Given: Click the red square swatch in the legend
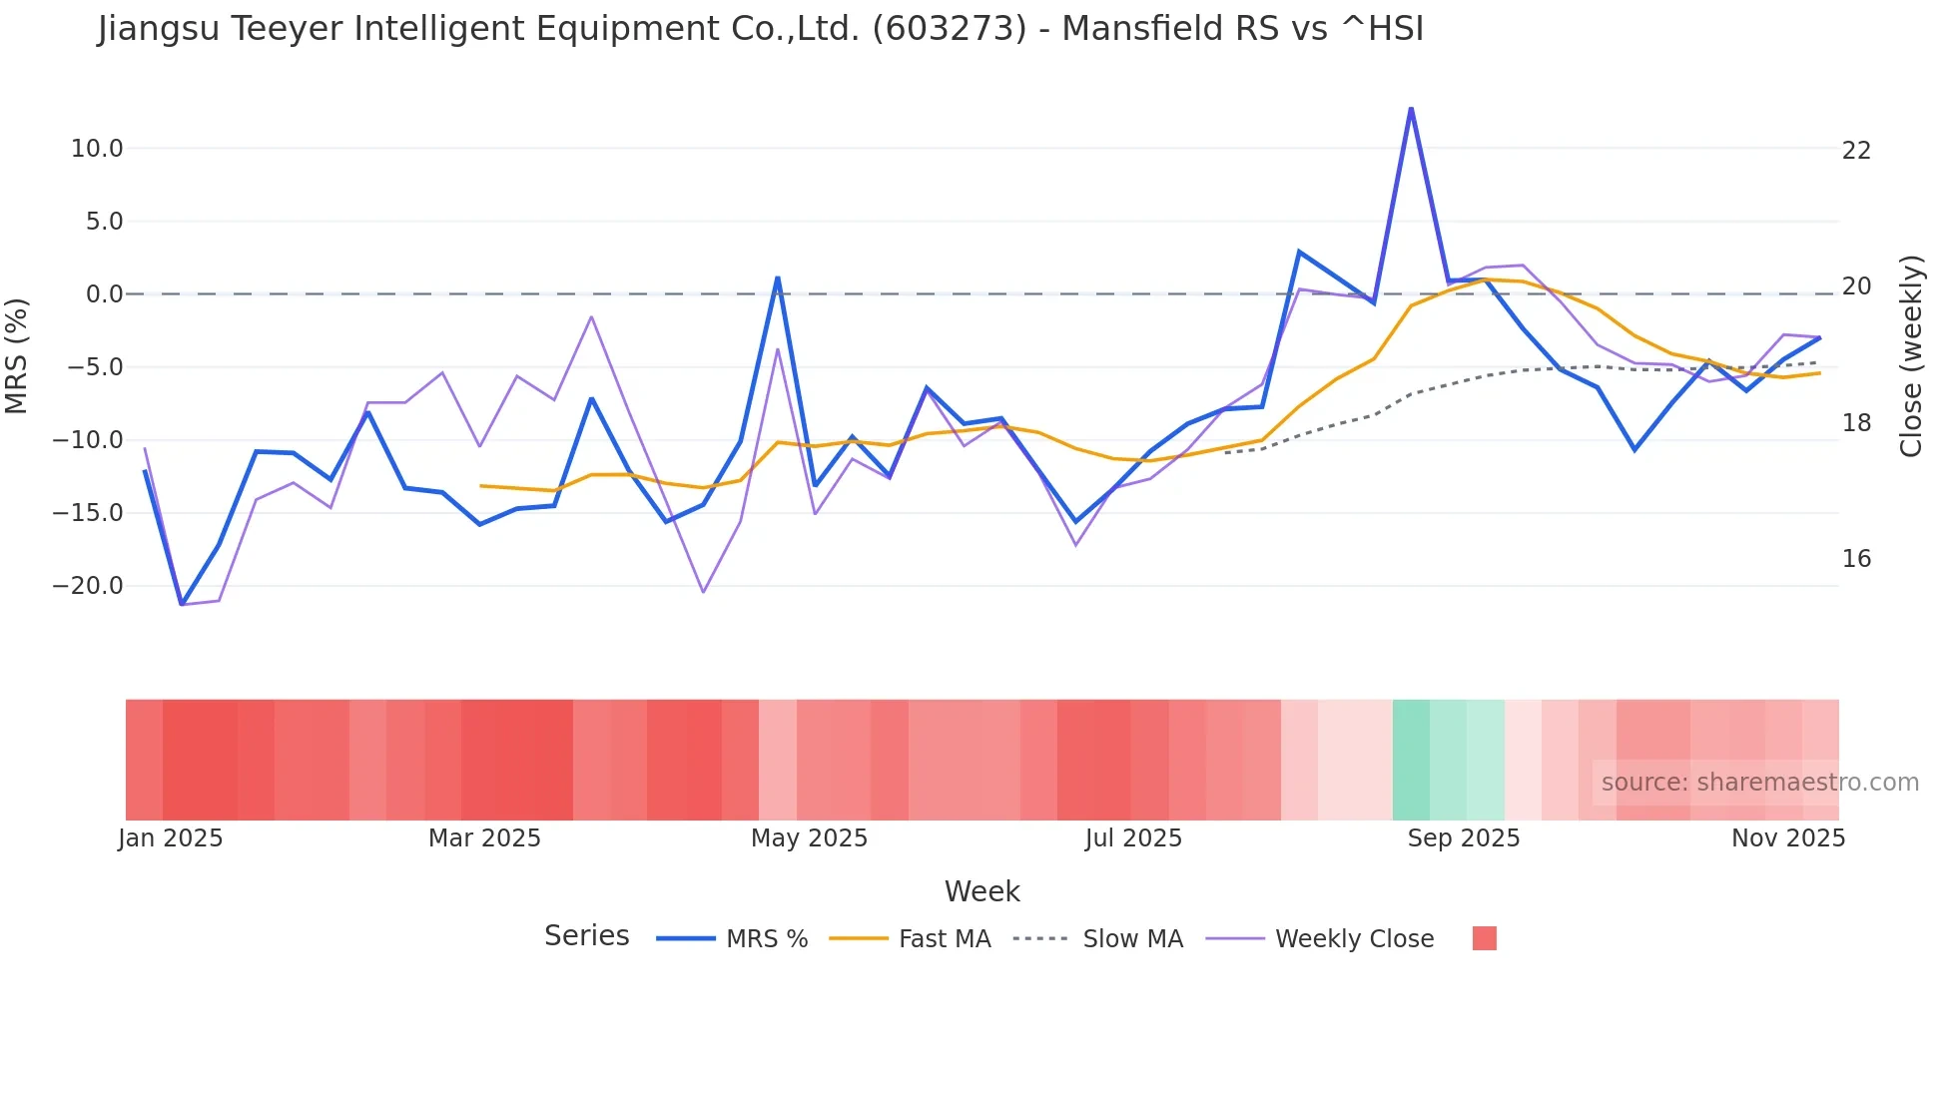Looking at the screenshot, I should (1484, 938).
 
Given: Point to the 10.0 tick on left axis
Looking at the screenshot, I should (97, 149).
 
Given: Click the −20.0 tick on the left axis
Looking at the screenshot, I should (88, 586).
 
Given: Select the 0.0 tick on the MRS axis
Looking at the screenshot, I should (105, 294).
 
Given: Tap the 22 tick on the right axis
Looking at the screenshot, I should (1856, 151).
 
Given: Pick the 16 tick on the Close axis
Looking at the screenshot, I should (1856, 559).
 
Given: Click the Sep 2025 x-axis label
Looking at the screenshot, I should (1463, 838).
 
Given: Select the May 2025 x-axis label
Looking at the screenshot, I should (809, 838).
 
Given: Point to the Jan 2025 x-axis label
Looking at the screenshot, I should (171, 838).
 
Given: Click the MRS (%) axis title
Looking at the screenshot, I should (17, 356).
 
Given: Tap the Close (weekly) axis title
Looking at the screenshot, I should (1911, 356).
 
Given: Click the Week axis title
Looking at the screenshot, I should (981, 891).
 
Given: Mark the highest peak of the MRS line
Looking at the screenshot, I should (1411, 108).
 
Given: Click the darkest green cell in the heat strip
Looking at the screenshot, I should (1411, 760).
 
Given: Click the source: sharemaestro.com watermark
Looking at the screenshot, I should (1759, 783).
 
